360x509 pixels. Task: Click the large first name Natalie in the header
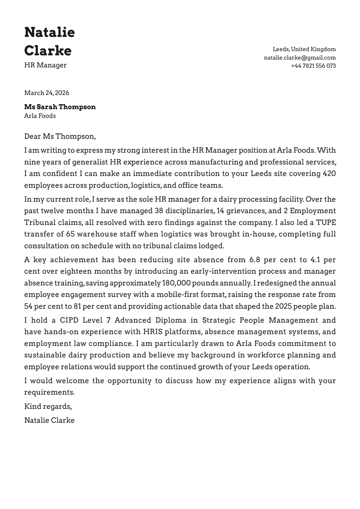click(49, 32)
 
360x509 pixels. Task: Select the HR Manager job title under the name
click(45, 65)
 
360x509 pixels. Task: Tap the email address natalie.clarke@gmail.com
click(299, 57)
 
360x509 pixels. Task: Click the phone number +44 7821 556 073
click(313, 66)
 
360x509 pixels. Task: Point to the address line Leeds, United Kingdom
click(304, 49)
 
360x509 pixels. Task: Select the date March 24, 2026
click(47, 93)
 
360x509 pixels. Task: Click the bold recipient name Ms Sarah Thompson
click(60, 107)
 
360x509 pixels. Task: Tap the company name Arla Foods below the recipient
click(40, 116)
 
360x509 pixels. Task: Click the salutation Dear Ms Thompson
click(60, 136)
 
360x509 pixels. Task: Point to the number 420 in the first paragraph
click(329, 174)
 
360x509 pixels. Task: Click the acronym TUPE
click(326, 223)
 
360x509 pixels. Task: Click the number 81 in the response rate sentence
click(77, 306)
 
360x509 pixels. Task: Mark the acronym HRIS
click(153, 332)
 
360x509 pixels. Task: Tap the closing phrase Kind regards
click(48, 406)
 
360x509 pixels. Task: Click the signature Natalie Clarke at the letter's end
click(49, 420)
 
